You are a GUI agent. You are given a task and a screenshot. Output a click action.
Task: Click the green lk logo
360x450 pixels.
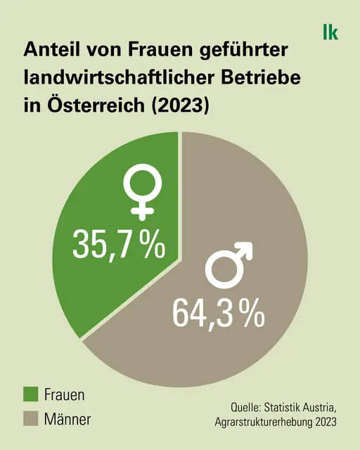point(330,32)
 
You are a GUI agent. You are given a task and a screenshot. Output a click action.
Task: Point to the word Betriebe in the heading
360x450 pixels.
point(261,77)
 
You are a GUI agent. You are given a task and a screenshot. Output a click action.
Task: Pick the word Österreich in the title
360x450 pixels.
point(96,105)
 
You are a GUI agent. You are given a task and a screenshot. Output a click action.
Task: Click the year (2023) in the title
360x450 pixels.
point(179,105)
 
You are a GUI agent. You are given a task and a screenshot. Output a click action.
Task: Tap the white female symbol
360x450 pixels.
point(143,194)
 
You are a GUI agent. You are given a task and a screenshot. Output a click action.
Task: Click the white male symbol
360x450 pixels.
point(229,265)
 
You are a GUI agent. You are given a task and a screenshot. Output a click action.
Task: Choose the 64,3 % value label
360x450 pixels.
point(218,312)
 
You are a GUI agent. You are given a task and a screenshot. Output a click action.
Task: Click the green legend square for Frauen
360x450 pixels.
point(31,394)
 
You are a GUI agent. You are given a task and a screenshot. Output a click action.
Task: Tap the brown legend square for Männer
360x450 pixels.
point(31,419)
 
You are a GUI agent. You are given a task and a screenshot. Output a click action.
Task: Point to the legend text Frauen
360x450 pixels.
point(64,394)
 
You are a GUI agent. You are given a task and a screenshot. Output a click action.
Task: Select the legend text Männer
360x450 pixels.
point(67,419)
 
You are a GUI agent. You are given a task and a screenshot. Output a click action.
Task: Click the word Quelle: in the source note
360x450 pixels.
point(245,407)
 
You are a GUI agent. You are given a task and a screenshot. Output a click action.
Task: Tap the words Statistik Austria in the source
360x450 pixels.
point(300,407)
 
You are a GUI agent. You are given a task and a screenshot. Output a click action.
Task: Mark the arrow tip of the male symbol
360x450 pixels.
point(252,243)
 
